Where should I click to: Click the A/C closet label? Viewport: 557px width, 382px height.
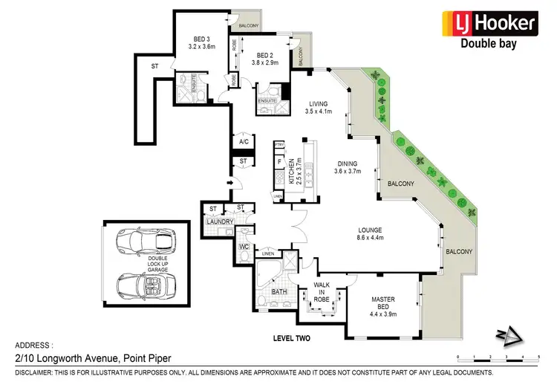pyautogui.click(x=242, y=142)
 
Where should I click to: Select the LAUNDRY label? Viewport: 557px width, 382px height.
pyautogui.click(x=220, y=221)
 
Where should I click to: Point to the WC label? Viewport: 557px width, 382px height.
pyautogui.click(x=243, y=246)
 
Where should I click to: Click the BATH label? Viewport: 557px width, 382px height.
pyautogui.click(x=278, y=292)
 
